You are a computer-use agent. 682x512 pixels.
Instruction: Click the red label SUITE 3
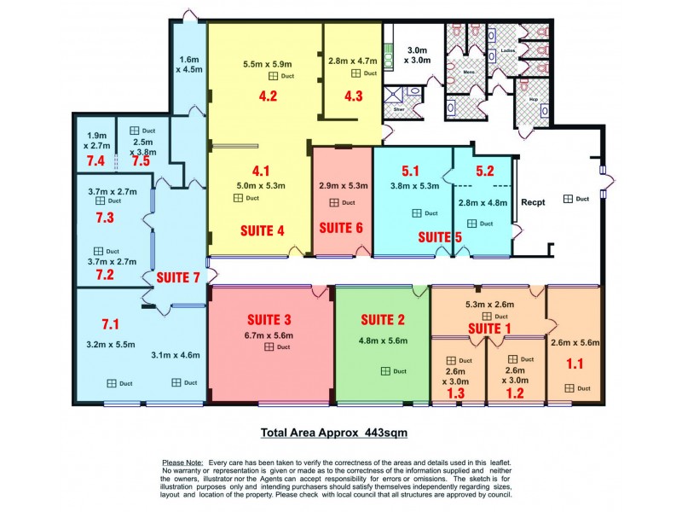coord(269,320)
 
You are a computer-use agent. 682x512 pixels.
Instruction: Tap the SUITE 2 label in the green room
coord(382,320)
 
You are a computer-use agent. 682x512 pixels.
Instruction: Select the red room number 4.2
coord(268,96)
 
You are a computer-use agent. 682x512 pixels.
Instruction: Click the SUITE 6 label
coord(341,229)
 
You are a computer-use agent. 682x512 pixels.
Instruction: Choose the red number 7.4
coord(95,160)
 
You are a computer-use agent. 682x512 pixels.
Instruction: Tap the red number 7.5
coord(140,160)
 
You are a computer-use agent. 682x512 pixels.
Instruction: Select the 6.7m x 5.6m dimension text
coord(269,336)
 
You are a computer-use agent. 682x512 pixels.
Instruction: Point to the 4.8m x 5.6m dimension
coord(382,341)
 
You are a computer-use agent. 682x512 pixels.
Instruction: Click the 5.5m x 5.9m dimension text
coord(267,64)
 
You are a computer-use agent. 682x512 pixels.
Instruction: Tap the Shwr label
coord(398,109)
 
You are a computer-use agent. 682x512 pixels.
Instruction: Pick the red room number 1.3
coord(456,395)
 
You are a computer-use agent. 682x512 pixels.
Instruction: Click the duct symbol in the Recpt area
coord(569,199)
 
